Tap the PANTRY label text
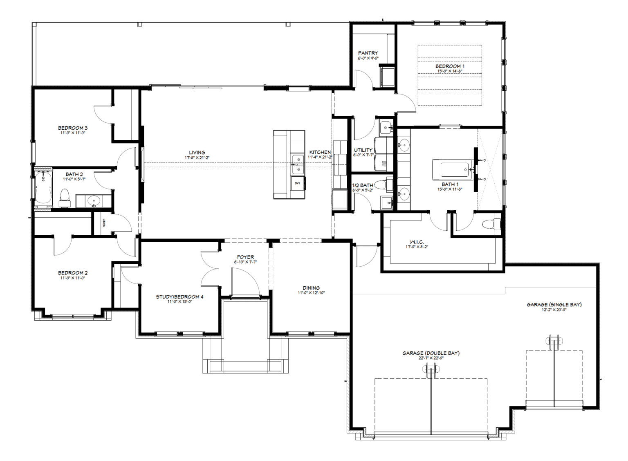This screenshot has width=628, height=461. [368, 53]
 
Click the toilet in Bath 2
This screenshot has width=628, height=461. [65, 198]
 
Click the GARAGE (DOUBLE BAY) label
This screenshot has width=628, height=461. [431, 353]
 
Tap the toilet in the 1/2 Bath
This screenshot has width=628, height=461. [380, 185]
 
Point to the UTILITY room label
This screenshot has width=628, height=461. [363, 150]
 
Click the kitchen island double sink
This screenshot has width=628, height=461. [297, 164]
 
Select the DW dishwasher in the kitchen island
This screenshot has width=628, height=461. [297, 183]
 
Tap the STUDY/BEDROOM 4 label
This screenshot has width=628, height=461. [179, 297]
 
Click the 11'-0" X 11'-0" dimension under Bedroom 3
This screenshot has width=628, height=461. [72, 133]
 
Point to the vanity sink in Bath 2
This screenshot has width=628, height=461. [94, 201]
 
